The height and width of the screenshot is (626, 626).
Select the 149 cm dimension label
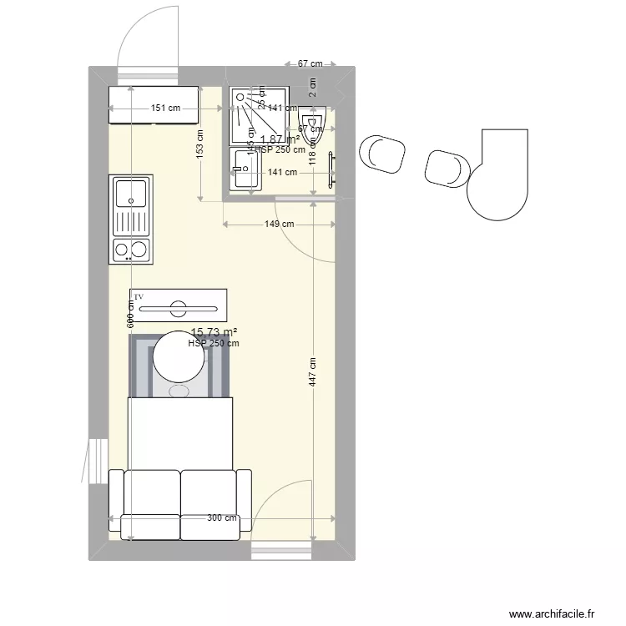tap(280, 224)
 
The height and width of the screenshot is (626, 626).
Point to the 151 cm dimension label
tap(165, 108)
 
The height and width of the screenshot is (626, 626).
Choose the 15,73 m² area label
tap(214, 332)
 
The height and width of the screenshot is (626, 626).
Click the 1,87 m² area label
tap(280, 140)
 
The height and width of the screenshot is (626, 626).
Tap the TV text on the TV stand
tap(139, 296)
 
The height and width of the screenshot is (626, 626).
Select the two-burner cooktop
tap(130, 249)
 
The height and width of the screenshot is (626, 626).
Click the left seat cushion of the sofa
tap(151, 492)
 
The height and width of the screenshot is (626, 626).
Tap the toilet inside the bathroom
tap(312, 132)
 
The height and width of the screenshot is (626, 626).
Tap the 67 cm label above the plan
tap(310, 64)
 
